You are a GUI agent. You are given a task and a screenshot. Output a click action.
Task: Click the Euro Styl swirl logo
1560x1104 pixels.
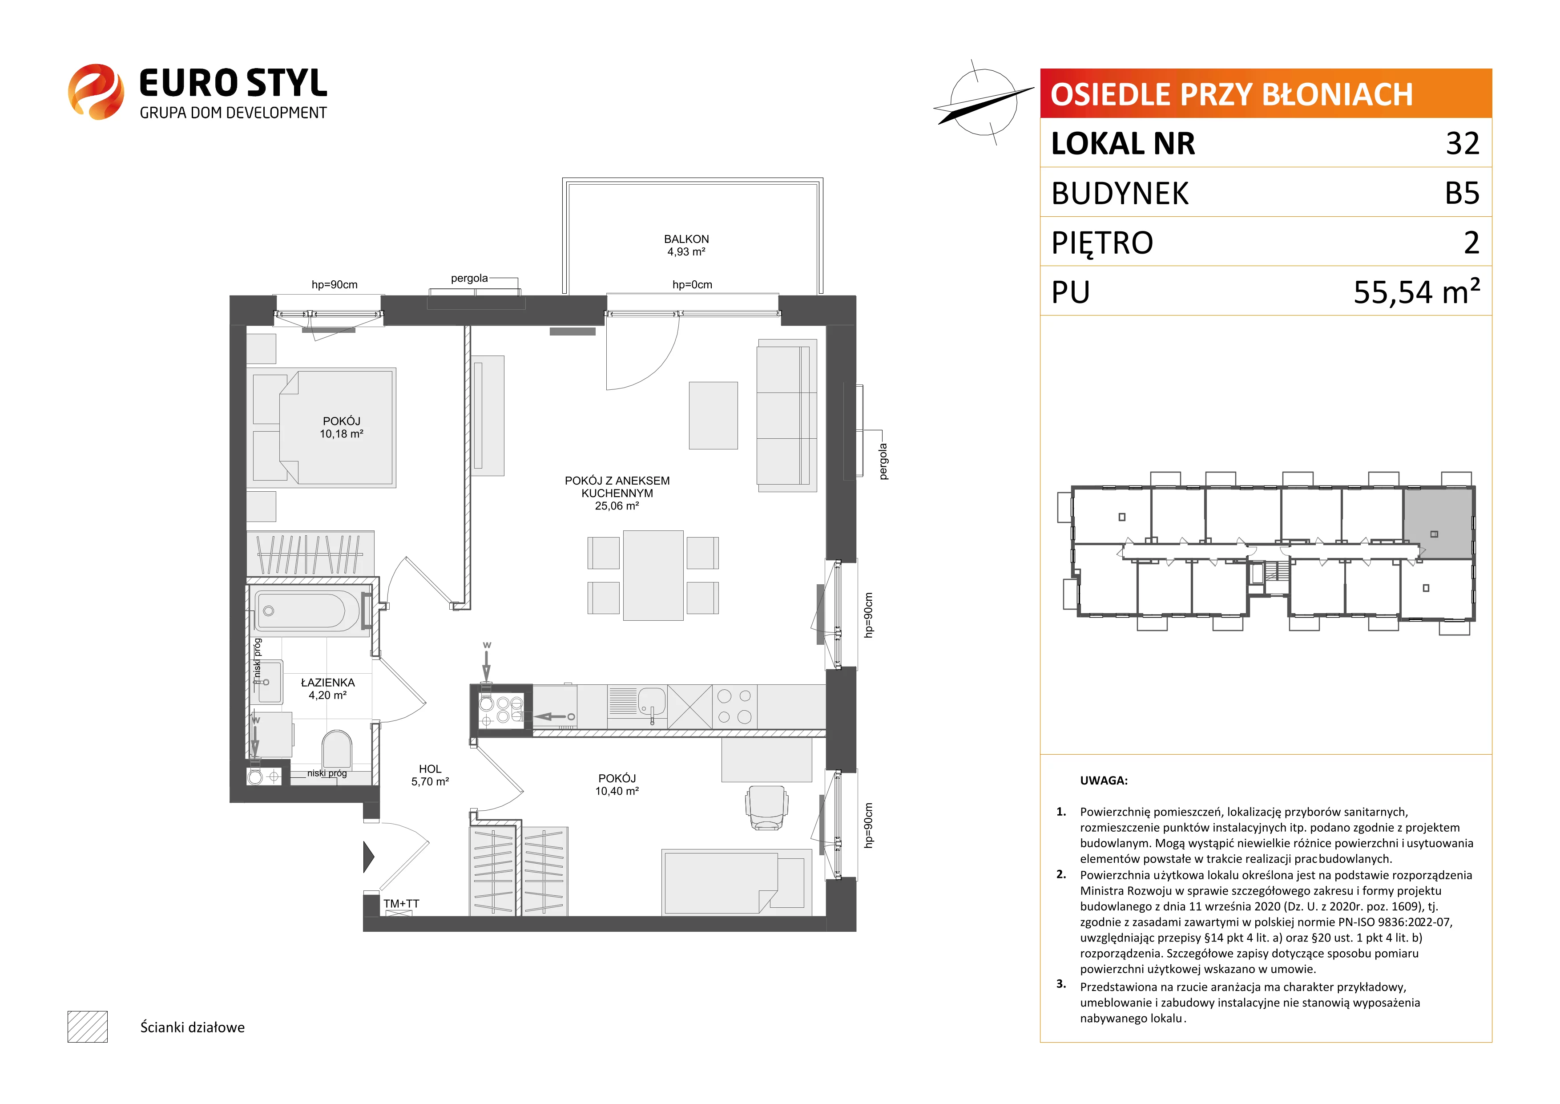[x=96, y=92]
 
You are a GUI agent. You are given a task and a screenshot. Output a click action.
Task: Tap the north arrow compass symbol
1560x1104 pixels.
[x=983, y=102]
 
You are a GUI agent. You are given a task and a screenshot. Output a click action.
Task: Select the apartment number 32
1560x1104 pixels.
[x=1462, y=143]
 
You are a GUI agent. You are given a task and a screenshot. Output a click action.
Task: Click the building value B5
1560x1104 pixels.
[x=1462, y=193]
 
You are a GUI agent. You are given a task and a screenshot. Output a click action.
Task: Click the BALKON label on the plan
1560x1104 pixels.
[x=686, y=239]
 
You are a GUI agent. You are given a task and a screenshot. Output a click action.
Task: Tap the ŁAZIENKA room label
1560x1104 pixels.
[x=327, y=683]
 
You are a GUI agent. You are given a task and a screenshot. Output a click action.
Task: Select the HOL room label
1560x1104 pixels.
[x=430, y=769]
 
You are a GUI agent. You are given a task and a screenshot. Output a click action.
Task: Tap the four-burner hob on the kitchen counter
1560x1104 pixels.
[x=734, y=706]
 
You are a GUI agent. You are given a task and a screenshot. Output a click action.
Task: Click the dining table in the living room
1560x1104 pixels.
[x=653, y=575]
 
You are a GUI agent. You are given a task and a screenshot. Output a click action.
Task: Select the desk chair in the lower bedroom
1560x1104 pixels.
[x=767, y=808]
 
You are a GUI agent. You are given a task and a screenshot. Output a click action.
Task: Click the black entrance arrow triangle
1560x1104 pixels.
[x=369, y=857]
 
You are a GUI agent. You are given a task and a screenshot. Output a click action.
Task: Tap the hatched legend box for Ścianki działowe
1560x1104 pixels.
[x=88, y=1027]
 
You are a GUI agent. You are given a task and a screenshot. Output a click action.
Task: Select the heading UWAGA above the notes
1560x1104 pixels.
[x=1104, y=780]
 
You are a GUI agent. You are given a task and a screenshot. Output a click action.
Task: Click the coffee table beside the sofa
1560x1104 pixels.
[x=713, y=415]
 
